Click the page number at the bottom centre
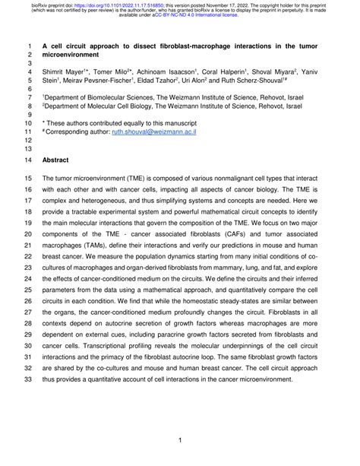pos(179,439)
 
